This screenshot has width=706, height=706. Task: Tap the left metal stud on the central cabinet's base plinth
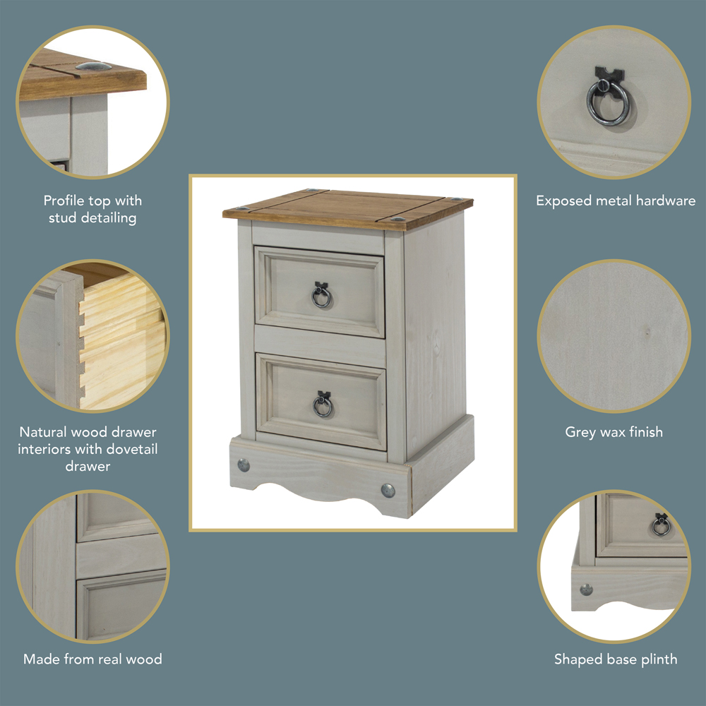tap(244, 465)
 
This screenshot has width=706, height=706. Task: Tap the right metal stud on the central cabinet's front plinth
tap(388, 490)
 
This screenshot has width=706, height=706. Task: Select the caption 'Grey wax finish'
tap(614, 431)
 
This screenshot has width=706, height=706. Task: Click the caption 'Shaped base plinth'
tap(615, 659)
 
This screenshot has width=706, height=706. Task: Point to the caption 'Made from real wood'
tap(92, 659)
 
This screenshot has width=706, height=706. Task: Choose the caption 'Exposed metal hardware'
tap(615, 201)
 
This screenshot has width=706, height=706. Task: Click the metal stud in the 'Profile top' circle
tap(94, 66)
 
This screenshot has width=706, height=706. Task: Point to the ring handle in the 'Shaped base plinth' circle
tap(661, 525)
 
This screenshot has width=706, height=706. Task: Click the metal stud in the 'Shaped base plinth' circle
tap(586, 589)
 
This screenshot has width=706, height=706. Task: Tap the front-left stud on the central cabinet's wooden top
tap(244, 209)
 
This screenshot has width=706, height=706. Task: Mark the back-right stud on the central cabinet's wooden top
tap(460, 200)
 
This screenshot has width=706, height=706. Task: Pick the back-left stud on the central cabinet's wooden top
tap(314, 191)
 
